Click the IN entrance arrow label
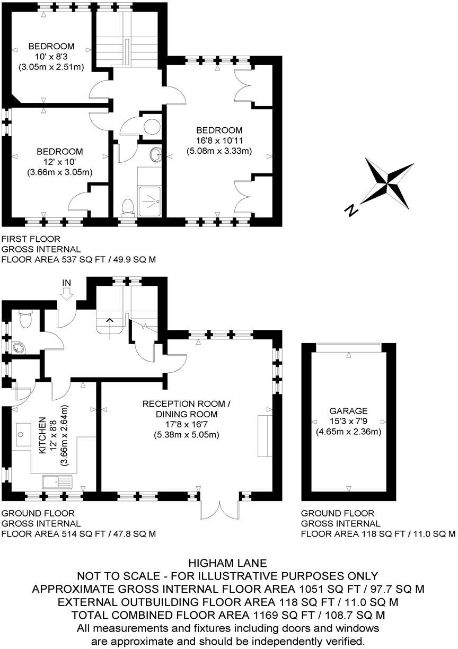click(x=66, y=283)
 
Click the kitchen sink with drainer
click(x=57, y=482)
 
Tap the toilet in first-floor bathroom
click(x=127, y=207)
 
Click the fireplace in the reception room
click(x=265, y=436)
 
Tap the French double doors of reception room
click(x=218, y=509)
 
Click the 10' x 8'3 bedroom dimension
click(x=51, y=57)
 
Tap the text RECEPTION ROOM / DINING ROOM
click(x=186, y=409)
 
